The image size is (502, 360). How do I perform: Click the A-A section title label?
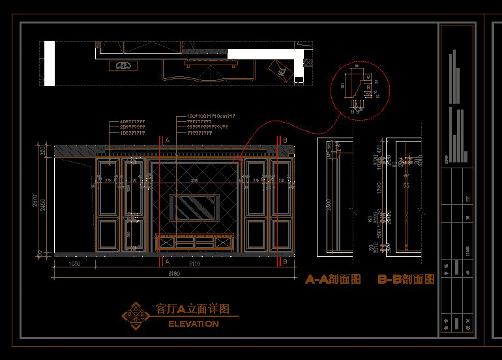click(332, 279)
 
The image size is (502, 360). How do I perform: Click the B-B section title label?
click(406, 279)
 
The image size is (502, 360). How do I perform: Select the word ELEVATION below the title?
click(194, 324)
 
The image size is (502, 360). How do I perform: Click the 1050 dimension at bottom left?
click(74, 264)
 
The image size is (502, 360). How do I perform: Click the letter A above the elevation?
click(167, 140)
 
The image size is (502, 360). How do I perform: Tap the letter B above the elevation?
click(285, 140)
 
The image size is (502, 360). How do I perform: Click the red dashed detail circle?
click(360, 91)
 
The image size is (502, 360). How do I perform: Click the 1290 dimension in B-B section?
click(379, 189)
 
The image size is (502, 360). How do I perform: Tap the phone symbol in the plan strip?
click(124, 66)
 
